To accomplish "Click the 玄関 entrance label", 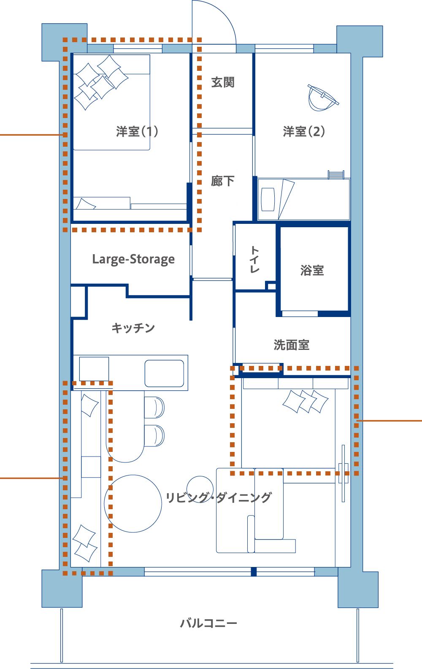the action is point(223,82).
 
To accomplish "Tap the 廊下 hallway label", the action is point(223,181).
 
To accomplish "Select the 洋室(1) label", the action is point(137,132).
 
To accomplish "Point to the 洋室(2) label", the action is point(304,132).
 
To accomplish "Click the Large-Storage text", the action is point(133,259).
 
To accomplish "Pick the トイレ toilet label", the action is point(254,259).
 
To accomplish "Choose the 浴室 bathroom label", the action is point(312,270).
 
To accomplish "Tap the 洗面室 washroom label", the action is point(292,345).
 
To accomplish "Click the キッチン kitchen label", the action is point(133,328).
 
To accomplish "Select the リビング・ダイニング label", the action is point(219,497).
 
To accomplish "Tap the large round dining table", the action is point(133,504).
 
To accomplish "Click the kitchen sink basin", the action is point(164,373).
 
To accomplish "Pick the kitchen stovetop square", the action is point(94,369).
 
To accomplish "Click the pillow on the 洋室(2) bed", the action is point(268,199).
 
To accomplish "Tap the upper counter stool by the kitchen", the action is point(154,407).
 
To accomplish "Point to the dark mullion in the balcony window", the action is point(254,571).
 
